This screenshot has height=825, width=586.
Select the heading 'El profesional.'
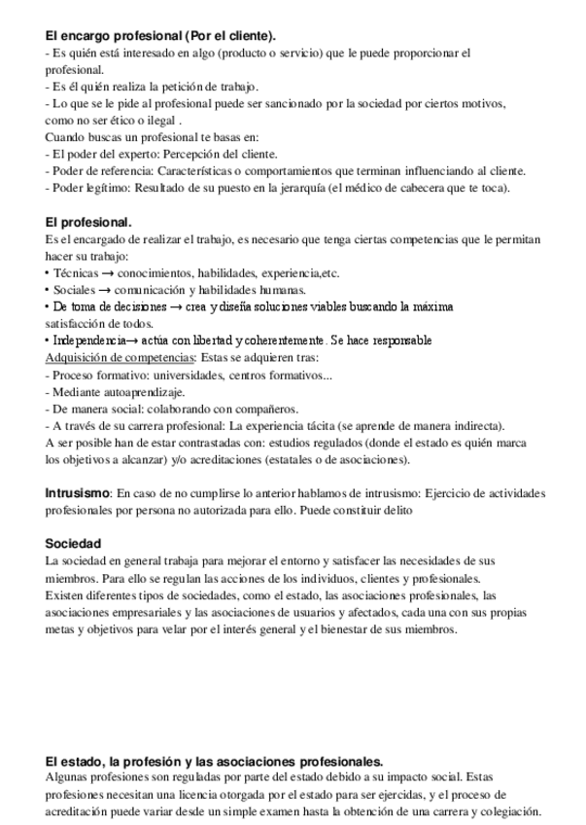click(x=88, y=222)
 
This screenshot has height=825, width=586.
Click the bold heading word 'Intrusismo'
click(x=78, y=493)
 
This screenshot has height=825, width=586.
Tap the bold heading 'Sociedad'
click(x=73, y=544)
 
